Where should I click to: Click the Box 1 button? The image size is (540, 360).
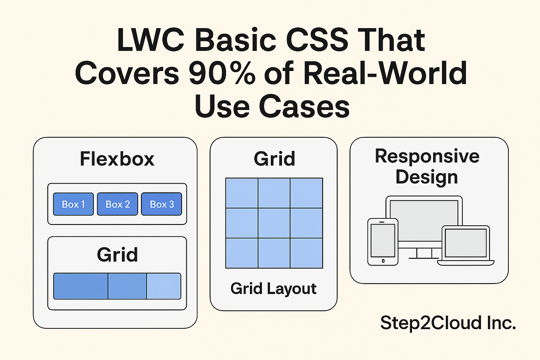point(73,204)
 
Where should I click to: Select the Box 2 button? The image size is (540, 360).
point(118,204)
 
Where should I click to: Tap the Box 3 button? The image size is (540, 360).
point(162,204)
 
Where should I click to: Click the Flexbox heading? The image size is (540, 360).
point(117,159)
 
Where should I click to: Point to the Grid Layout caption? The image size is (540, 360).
point(273,289)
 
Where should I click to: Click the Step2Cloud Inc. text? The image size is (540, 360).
point(448,323)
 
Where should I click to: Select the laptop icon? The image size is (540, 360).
point(466,245)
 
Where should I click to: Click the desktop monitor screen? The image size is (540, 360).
point(424,218)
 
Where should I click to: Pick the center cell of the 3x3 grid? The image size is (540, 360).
point(274,223)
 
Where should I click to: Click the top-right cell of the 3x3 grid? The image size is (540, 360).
point(306,193)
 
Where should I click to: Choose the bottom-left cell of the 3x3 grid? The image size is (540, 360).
point(242,253)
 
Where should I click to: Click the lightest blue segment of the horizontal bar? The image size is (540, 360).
point(164,286)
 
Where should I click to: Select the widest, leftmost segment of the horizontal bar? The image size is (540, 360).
point(81,286)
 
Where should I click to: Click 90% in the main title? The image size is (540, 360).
point(222,73)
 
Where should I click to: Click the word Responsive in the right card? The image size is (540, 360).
point(427,156)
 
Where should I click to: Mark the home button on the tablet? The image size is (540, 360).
point(383,261)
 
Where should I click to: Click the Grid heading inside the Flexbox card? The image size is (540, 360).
point(117,255)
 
